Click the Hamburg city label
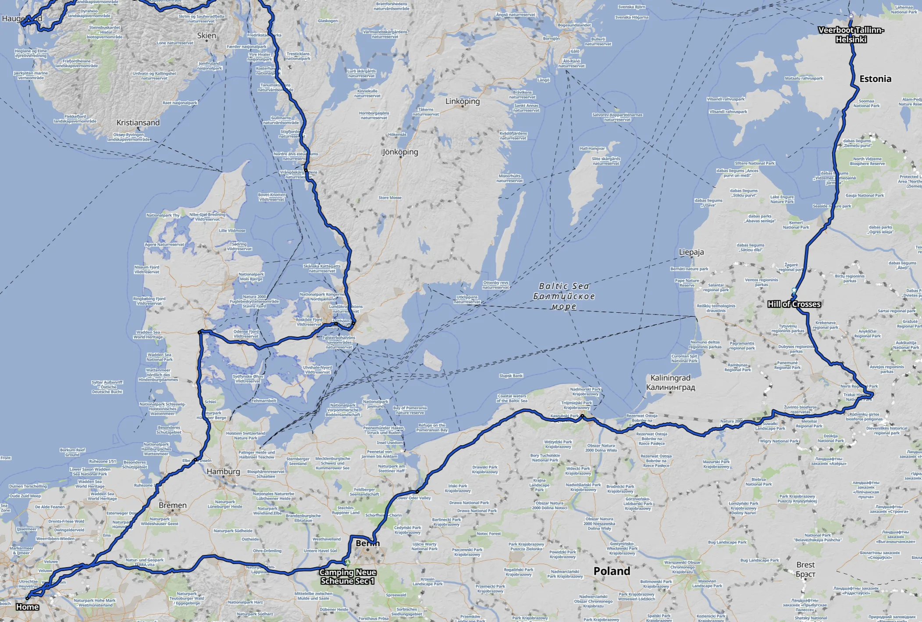coord(223,472)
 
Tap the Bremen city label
coord(173,505)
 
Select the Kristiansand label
coord(138,123)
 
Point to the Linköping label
coord(463,101)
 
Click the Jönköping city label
coord(400,152)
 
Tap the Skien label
coord(206,36)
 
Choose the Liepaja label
coord(691,252)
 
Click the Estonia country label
coord(875,79)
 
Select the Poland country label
coord(612,571)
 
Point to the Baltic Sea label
coord(564,296)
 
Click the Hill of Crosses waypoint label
coord(794,304)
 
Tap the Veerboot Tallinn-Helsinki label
coord(851,35)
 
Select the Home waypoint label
coord(27,607)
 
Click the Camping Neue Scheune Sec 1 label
coord(348,576)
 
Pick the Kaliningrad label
coord(670,382)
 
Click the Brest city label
coord(805,569)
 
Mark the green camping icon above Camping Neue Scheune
coord(348,562)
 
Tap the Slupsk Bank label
coord(511,376)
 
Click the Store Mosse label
coord(390,198)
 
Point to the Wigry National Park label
coord(780,441)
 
